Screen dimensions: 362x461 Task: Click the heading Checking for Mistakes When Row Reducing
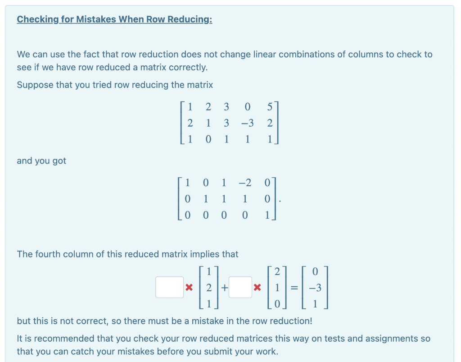(x=114, y=19)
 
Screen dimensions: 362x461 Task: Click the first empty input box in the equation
(x=170, y=287)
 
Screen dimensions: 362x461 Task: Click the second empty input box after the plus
(x=240, y=287)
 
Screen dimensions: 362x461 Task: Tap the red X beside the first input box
(x=189, y=287)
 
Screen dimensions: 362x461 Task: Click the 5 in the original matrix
(x=269, y=107)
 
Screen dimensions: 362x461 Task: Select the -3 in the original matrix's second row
(x=247, y=123)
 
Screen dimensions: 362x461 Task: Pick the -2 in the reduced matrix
(x=245, y=183)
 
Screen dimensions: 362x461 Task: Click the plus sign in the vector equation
(x=224, y=287)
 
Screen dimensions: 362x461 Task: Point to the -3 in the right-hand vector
(x=315, y=288)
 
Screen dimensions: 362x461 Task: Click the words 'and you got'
(x=41, y=161)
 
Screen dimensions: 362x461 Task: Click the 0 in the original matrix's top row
(x=247, y=107)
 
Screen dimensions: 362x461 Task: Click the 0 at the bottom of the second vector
(x=277, y=304)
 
